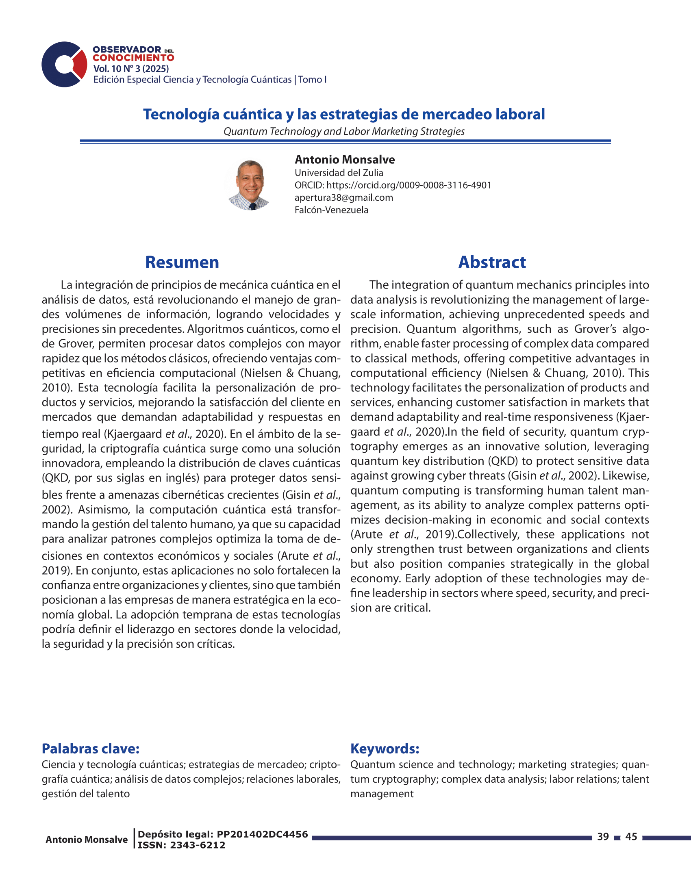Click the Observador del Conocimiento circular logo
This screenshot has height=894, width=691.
pos(64,64)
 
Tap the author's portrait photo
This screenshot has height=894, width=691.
pos(249,185)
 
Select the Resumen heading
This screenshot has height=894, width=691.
pos(182,263)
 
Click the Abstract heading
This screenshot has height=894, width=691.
pos(492,263)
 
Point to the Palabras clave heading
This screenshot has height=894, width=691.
pos(91,749)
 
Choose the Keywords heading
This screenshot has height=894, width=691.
pos(385,749)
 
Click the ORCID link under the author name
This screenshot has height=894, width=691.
pos(409,185)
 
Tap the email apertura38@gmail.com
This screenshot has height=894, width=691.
pos(344,198)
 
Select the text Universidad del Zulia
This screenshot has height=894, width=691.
pos(339,173)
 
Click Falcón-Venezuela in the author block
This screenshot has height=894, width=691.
pos(332,210)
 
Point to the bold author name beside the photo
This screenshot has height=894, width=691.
pos(345,160)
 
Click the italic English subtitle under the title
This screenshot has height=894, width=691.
pos(344,131)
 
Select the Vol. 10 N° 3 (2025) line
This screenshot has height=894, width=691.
pos(131,69)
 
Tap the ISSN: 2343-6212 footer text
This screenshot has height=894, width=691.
pos(181,845)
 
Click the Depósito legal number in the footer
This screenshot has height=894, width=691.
pos(262,835)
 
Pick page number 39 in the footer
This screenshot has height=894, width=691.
pos(603,837)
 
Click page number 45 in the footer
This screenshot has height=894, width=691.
pos(631,837)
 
